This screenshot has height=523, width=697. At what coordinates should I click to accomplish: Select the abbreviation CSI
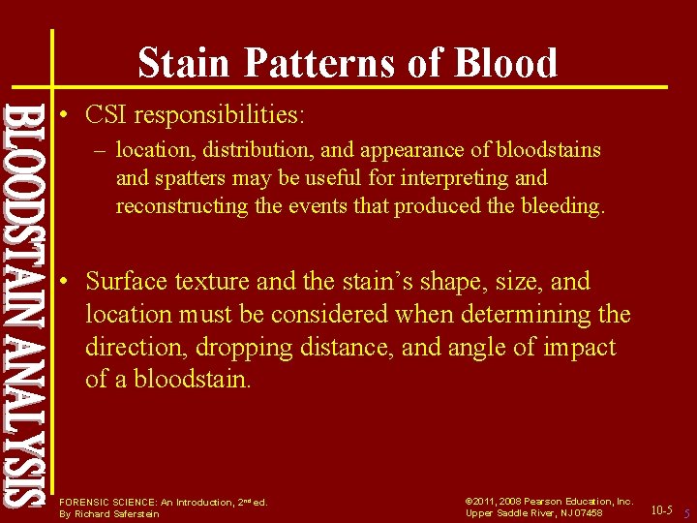106,115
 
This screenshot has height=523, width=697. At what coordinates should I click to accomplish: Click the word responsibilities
220,116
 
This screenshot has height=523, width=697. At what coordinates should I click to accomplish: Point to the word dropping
245,348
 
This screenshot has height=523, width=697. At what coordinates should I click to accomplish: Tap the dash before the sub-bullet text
101,151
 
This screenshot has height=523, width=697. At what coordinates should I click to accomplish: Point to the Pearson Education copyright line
549,501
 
